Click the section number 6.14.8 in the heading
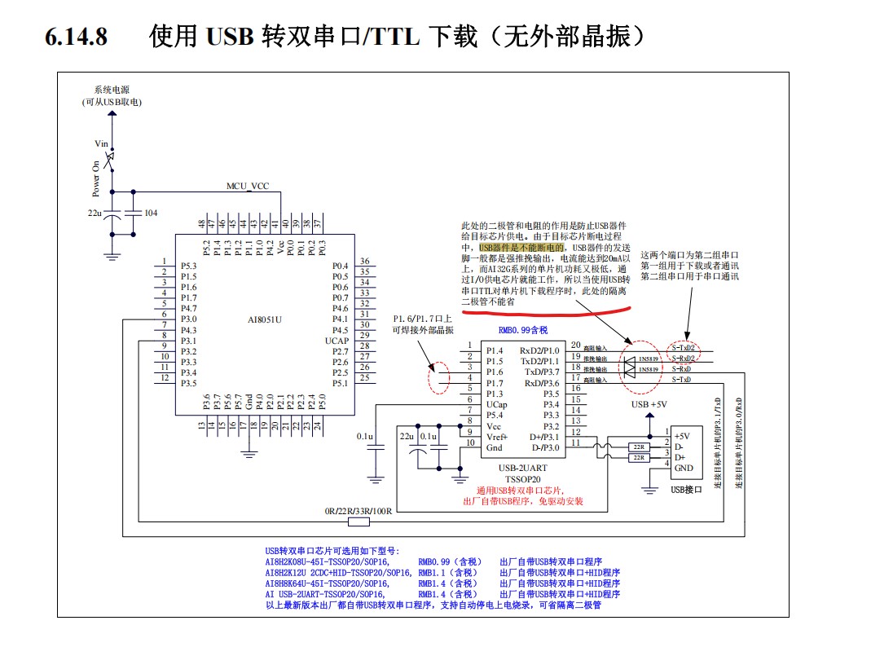point(76,37)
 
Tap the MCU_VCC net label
point(247,186)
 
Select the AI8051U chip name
point(265,319)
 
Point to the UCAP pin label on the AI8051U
point(337,340)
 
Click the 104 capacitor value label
point(151,213)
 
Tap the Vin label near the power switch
point(102,143)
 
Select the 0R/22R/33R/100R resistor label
point(359,512)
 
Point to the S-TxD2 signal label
point(683,348)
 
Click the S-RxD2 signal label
point(683,359)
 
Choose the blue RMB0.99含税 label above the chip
point(523,331)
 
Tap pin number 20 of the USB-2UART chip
point(576,346)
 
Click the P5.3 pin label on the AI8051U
point(188,266)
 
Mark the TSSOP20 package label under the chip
point(523,480)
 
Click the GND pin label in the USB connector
point(684,468)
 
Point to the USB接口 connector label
point(686,490)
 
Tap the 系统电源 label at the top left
point(112,90)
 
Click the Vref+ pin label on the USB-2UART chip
point(497,437)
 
